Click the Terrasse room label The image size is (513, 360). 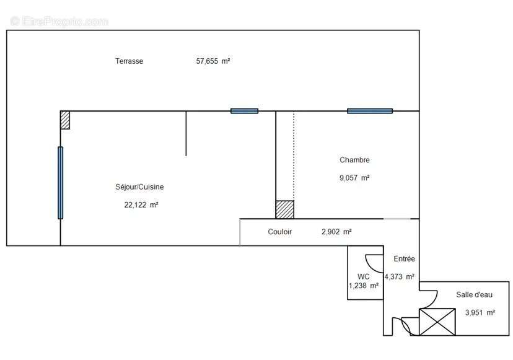[x=129, y=61]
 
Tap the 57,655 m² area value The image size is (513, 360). [x=213, y=61]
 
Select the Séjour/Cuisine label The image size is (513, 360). [x=139, y=187]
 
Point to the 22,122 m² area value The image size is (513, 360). [x=141, y=204]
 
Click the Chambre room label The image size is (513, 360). [x=354, y=160]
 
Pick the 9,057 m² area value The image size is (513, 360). [x=354, y=178]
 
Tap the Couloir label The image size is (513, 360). [x=280, y=232]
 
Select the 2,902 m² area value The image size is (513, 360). [x=336, y=232]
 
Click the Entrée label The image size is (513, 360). [x=405, y=259]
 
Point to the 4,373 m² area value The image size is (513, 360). [x=400, y=277]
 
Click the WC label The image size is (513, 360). [x=364, y=276]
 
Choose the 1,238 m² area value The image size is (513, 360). [x=364, y=286]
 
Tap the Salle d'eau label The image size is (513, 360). [x=474, y=295]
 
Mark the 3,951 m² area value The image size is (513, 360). [x=480, y=313]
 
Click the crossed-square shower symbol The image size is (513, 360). [x=437, y=322]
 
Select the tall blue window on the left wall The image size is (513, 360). [x=60, y=183]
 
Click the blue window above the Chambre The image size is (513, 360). [x=370, y=111]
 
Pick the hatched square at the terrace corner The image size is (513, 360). [x=65, y=120]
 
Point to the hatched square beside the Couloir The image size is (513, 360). [x=285, y=209]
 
